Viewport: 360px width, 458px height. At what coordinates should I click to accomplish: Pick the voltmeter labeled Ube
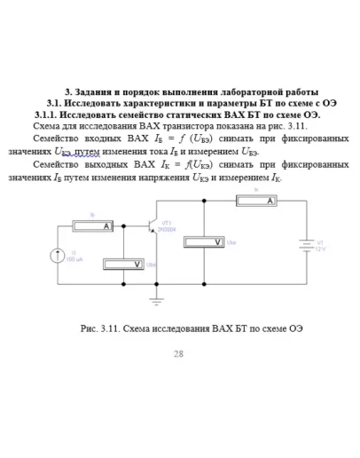pos(125,264)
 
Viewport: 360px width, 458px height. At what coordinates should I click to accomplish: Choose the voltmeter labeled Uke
pos(204,241)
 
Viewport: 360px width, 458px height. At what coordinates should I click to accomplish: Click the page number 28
pos(178,353)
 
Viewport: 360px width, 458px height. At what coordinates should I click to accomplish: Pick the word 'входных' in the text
pos(104,139)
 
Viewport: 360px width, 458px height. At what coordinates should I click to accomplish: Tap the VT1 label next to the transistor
pos(166,223)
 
